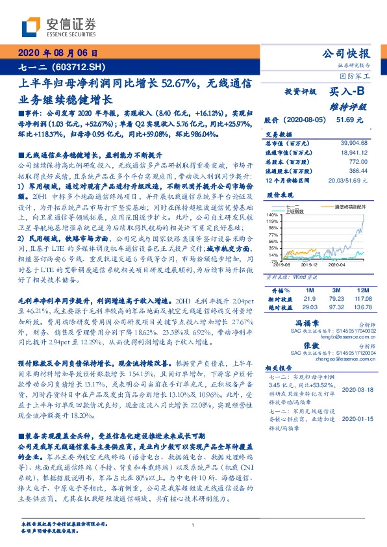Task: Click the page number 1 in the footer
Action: [x=193, y=525]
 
